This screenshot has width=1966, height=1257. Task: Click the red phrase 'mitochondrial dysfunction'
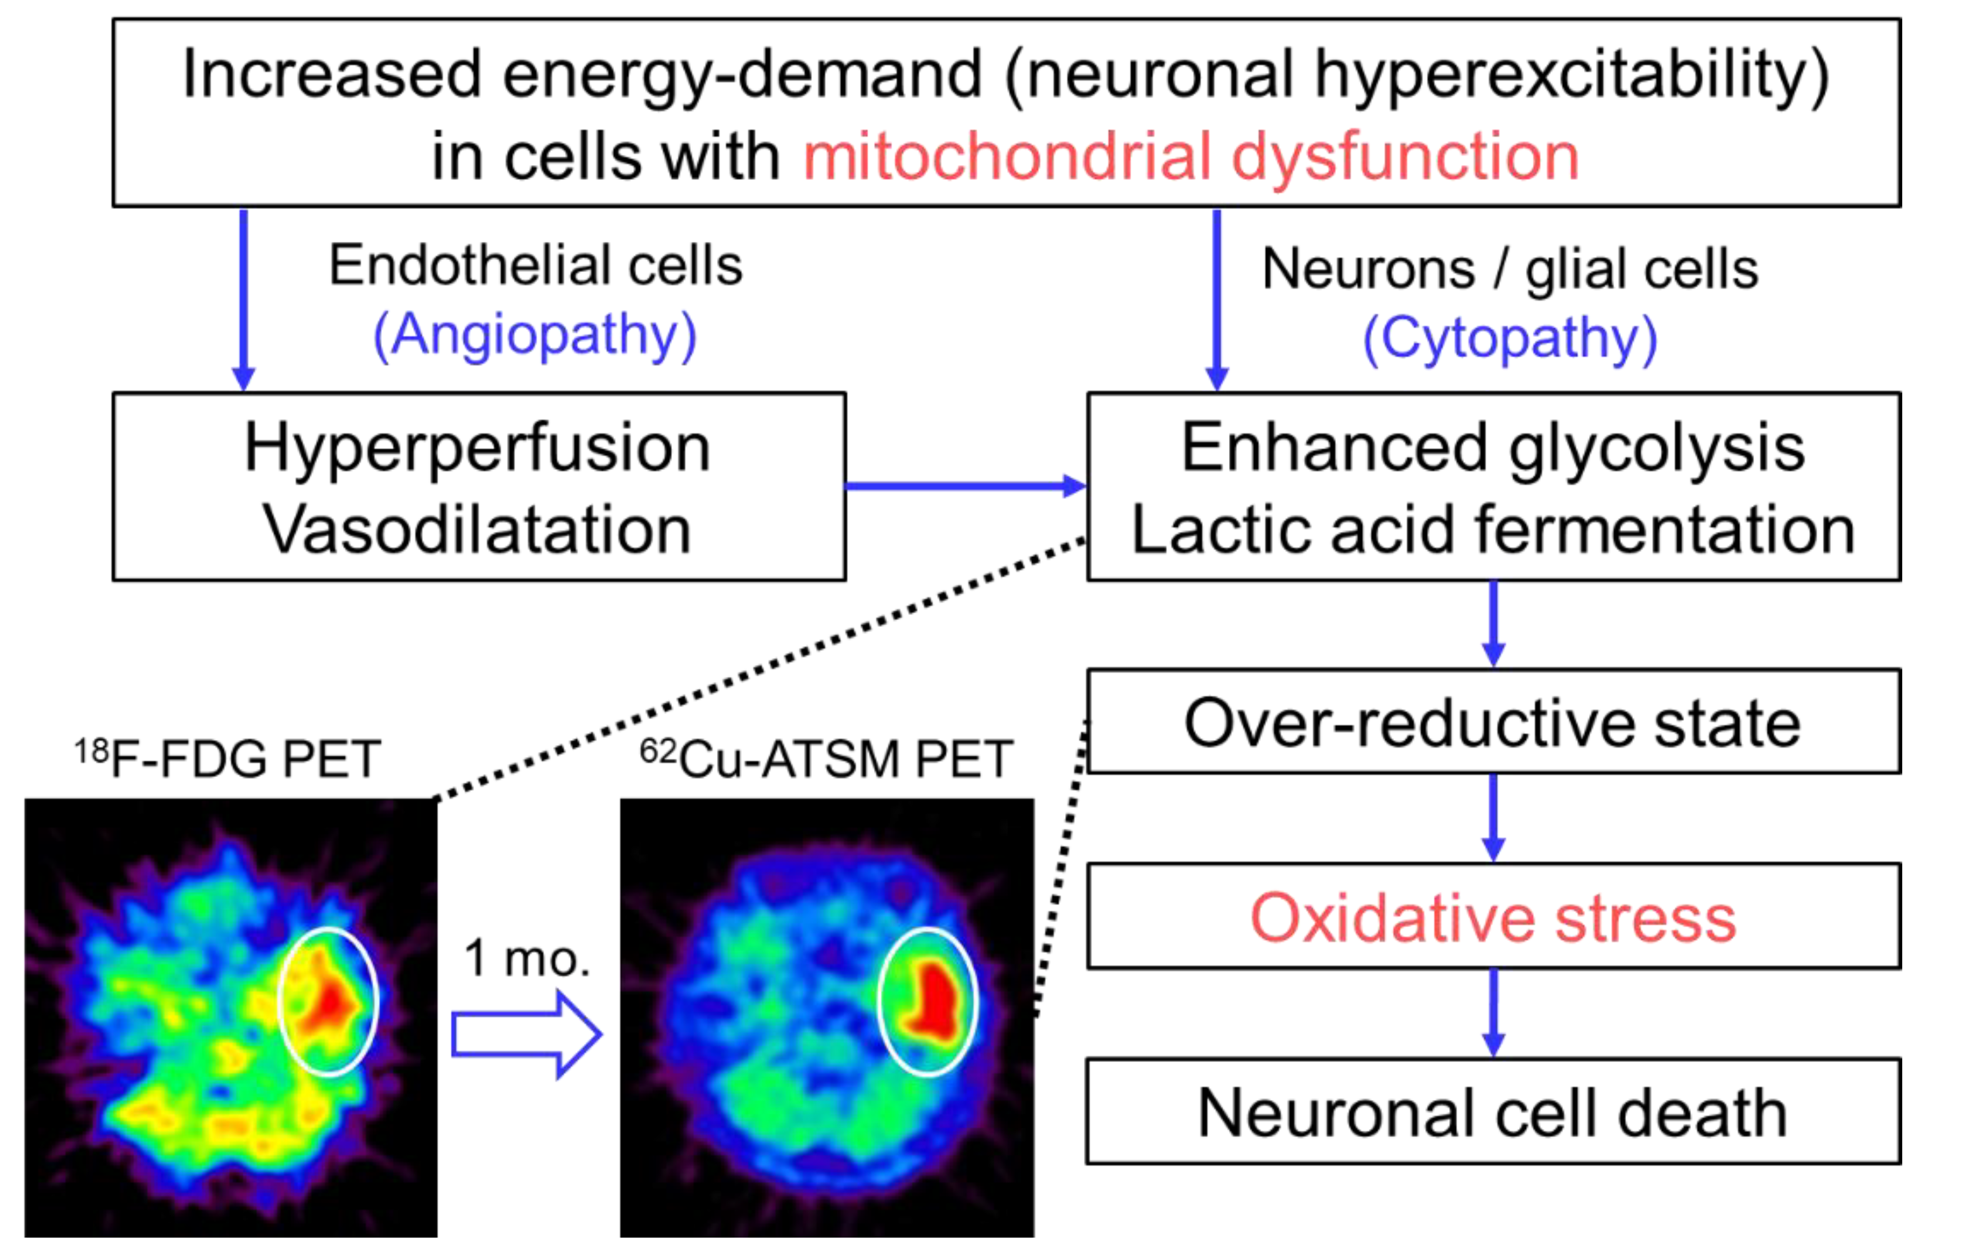[1190, 157]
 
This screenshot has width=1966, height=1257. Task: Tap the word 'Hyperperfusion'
[478, 448]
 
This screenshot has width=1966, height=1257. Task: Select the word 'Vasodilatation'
[478, 531]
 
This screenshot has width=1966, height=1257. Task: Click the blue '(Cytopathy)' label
[1510, 338]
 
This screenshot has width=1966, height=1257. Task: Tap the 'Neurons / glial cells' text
[1510, 269]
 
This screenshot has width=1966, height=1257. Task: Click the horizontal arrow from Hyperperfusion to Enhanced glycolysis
[963, 486]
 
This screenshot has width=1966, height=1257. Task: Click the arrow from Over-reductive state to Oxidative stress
[1493, 816]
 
